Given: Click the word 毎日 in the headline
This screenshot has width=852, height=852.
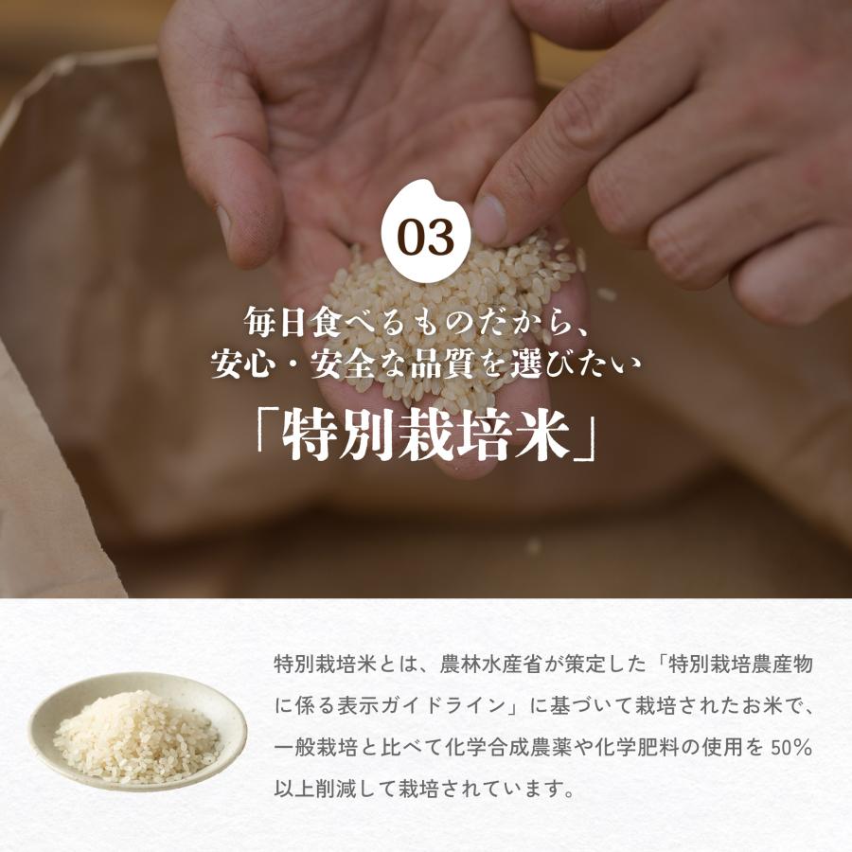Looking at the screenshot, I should [274, 321].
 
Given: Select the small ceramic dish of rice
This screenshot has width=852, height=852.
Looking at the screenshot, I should [138, 730].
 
